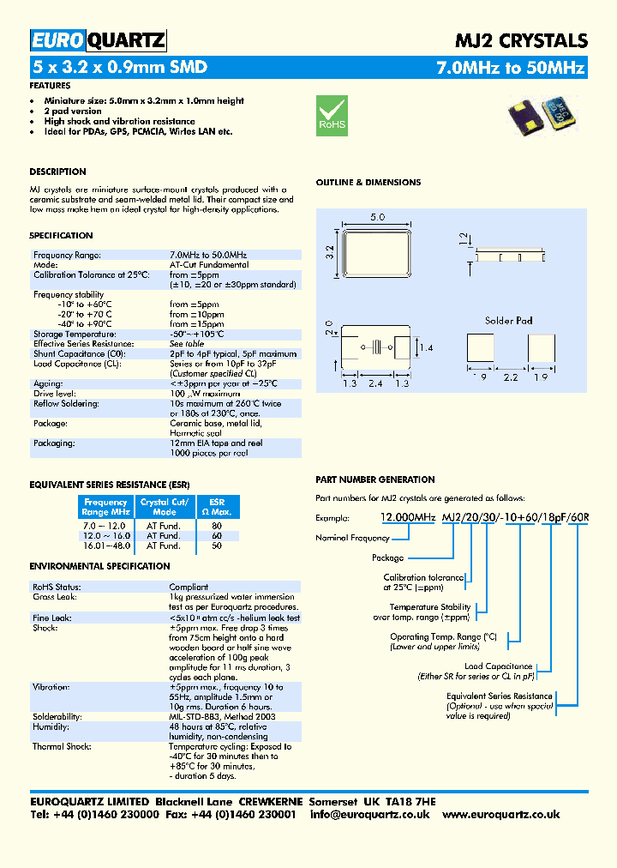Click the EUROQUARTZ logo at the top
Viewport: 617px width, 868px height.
(x=98, y=40)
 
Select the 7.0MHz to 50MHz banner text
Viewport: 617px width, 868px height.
(x=511, y=67)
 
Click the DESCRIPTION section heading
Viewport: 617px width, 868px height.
(x=57, y=172)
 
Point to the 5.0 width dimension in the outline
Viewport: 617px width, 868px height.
(x=377, y=218)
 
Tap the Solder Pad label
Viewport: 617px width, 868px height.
(x=508, y=321)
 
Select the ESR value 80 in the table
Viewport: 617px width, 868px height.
(x=216, y=525)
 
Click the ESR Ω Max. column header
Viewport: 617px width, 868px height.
(x=217, y=507)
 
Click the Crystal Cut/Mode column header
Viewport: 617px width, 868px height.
(x=165, y=507)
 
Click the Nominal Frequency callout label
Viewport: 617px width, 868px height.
(x=352, y=539)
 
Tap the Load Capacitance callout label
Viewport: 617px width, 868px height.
(x=498, y=666)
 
